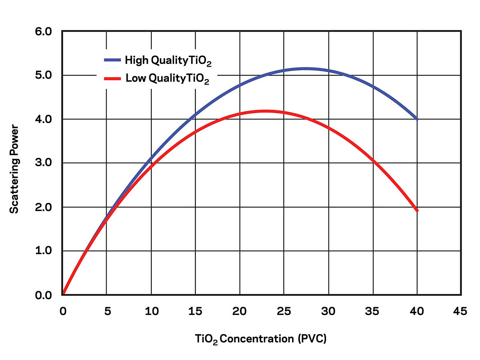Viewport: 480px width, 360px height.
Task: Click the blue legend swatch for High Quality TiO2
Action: pyautogui.click(x=114, y=60)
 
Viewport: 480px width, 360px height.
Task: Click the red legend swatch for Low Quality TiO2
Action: pyautogui.click(x=114, y=77)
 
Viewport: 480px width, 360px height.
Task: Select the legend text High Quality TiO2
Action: pyautogui.click(x=169, y=61)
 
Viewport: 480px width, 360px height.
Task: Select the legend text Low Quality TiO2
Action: pyautogui.click(x=167, y=78)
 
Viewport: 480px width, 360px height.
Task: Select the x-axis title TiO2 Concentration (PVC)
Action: pyautogui.click(x=261, y=339)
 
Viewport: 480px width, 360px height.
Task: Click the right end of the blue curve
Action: pyautogui.click(x=417, y=119)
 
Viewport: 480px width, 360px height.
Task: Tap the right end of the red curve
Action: pyautogui.click(x=417, y=210)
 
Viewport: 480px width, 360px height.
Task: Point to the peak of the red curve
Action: pyautogui.click(x=265, y=111)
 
